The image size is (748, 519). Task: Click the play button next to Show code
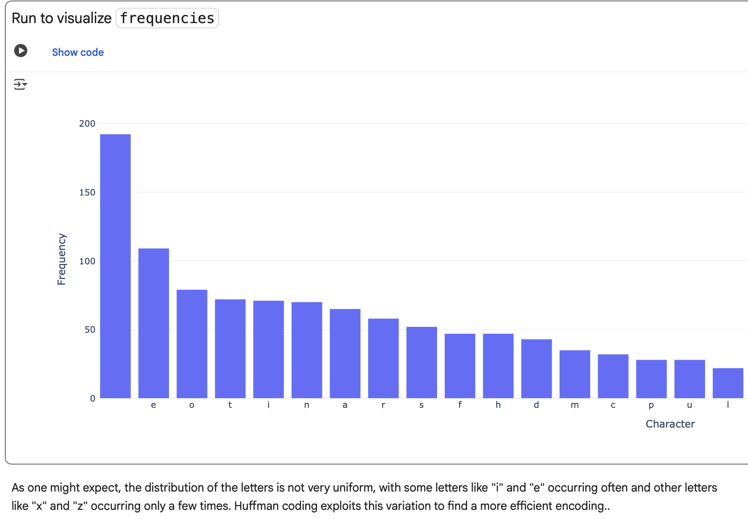tap(21, 51)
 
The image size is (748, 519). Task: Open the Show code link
tap(77, 52)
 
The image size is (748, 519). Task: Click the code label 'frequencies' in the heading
tap(167, 18)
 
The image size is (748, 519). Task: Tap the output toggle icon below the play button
tap(20, 85)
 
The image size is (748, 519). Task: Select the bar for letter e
tap(154, 323)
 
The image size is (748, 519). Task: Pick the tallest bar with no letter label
tap(116, 266)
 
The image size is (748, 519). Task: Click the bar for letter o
tap(192, 344)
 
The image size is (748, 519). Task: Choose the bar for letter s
tap(422, 362)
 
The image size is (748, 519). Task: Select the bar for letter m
tap(575, 374)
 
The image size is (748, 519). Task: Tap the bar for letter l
tap(728, 383)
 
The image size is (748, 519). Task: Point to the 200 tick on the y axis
tap(87, 124)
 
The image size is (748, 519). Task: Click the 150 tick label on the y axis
tap(87, 193)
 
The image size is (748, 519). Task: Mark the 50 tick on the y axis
tap(90, 330)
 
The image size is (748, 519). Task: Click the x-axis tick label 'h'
tap(498, 405)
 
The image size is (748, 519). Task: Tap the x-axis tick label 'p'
tap(651, 405)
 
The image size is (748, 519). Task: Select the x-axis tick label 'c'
tap(613, 405)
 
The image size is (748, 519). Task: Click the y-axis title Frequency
tap(62, 259)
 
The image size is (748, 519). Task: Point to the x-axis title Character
tap(670, 424)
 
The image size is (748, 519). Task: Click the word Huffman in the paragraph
tap(257, 506)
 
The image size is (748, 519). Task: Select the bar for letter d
tap(536, 368)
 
